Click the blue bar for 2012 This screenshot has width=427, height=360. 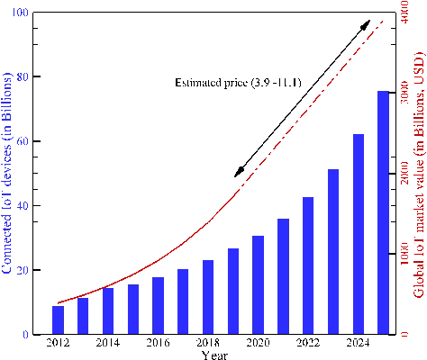coord(59,320)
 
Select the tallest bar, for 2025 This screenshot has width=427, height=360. coord(383,213)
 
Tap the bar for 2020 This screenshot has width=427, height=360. coord(258,285)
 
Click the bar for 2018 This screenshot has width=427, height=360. coord(208,297)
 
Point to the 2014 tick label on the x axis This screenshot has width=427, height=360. coord(108,343)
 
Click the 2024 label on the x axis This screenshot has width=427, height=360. coord(358,343)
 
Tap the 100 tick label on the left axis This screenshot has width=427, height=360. coord(19,13)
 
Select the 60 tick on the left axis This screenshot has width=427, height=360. coord(22,142)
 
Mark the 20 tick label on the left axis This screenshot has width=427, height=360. coord(22,271)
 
